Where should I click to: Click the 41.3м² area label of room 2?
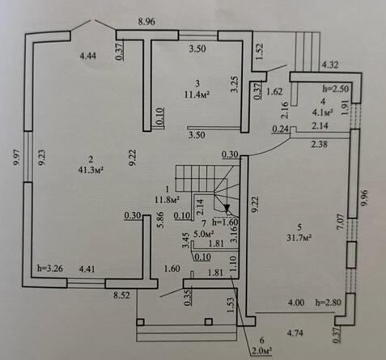tap(91, 171)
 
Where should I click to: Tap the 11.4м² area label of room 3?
tap(197, 95)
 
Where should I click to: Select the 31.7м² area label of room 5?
tap(299, 238)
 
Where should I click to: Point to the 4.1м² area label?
tap(322, 112)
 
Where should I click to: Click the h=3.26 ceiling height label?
tap(50, 269)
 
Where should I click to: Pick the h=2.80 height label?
tap(328, 303)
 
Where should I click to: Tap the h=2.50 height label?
tap(336, 89)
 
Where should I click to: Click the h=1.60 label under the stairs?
tap(225, 222)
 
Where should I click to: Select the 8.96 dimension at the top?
tap(146, 22)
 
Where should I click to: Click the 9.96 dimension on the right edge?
tap(364, 198)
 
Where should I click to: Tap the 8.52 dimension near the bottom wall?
tap(121, 295)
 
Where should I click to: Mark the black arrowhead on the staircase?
tap(227, 208)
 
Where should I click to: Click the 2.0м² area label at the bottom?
tap(261, 350)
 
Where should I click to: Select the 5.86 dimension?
tap(161, 220)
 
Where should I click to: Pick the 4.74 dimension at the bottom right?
tap(295, 333)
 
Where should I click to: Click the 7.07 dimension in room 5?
tap(341, 222)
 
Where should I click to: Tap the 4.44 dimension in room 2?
tap(88, 57)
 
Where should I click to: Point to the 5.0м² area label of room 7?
tap(204, 234)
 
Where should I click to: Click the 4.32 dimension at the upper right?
tap(330, 66)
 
